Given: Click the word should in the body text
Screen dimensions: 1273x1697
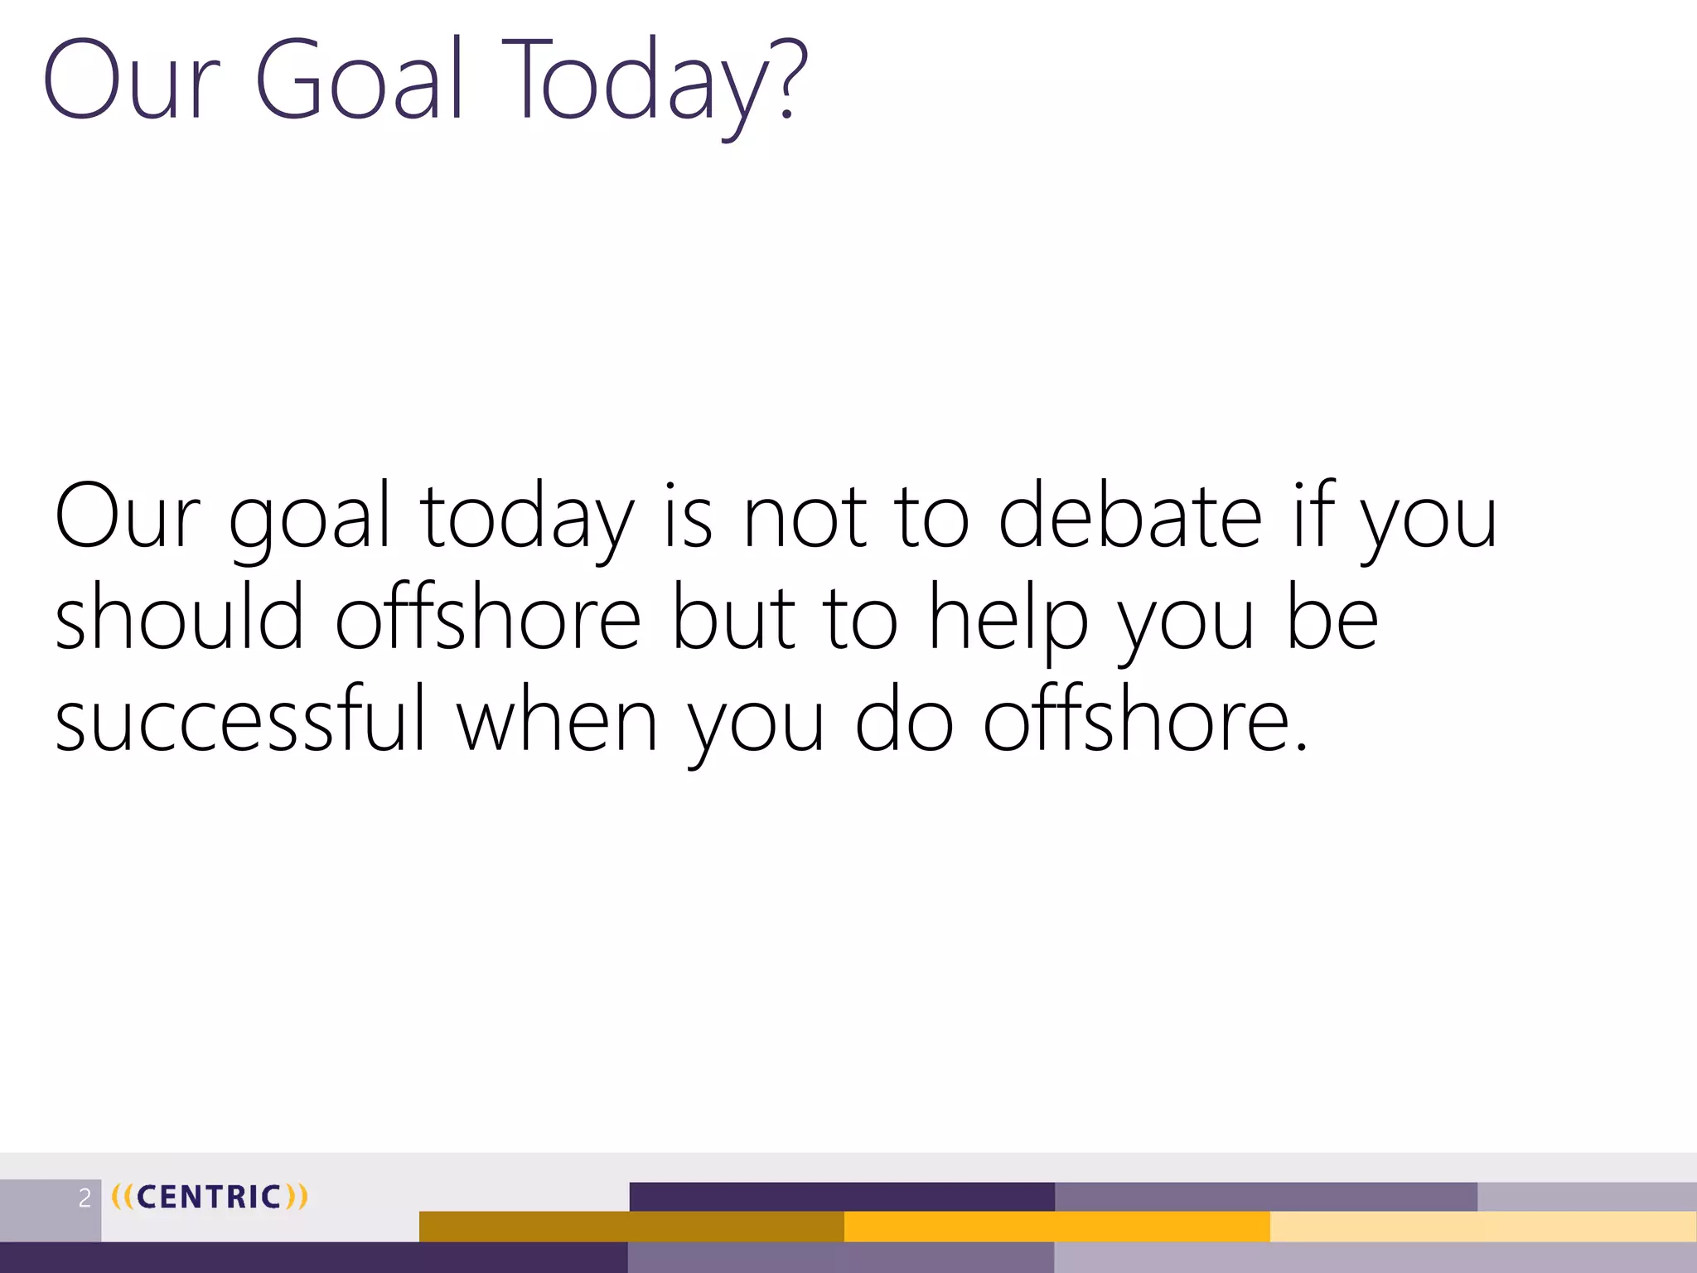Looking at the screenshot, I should (x=179, y=617).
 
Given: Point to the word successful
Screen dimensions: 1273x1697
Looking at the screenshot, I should (x=240, y=719).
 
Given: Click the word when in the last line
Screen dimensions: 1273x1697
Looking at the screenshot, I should (x=557, y=719).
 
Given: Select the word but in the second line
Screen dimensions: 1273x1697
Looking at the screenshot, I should (x=732, y=617).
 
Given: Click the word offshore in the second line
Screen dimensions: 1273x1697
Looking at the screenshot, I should (x=487, y=617).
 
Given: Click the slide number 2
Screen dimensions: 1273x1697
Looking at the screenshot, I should (x=85, y=1198).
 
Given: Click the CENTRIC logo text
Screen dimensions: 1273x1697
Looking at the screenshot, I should (x=210, y=1197).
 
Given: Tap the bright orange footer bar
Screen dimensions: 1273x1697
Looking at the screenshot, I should (x=1056, y=1226).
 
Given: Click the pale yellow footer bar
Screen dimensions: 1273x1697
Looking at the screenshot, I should (x=1482, y=1226).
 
